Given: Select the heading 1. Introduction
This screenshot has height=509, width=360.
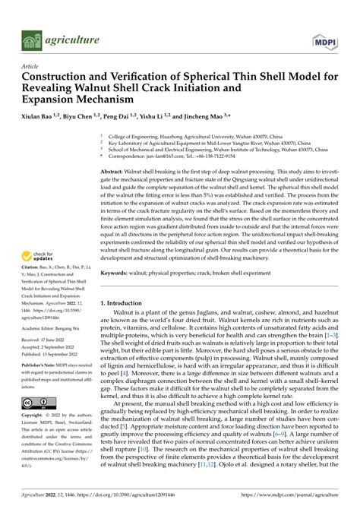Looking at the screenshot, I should click(127, 303).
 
